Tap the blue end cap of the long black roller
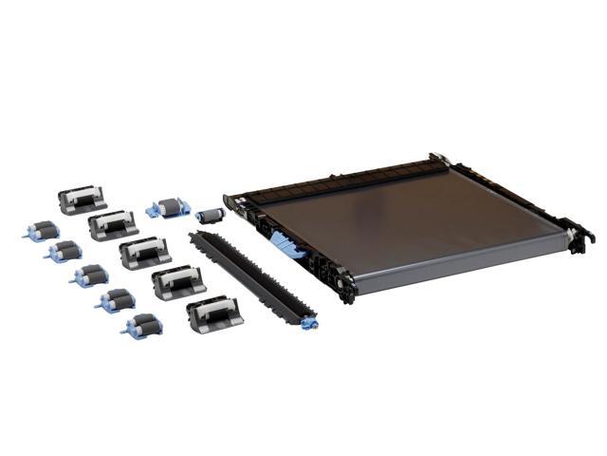[x=309, y=323]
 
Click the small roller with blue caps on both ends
[x=209, y=216]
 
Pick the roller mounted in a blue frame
[x=169, y=207]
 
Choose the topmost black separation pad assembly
[x=81, y=199]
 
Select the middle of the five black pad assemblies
[x=145, y=253]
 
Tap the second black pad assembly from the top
[x=113, y=224]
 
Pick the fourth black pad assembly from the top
[x=177, y=281]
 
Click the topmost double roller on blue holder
[x=42, y=230]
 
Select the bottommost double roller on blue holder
[x=142, y=325]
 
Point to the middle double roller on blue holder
[x=91, y=275]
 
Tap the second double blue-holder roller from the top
[x=64, y=251]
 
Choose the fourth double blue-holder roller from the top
[x=117, y=300]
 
